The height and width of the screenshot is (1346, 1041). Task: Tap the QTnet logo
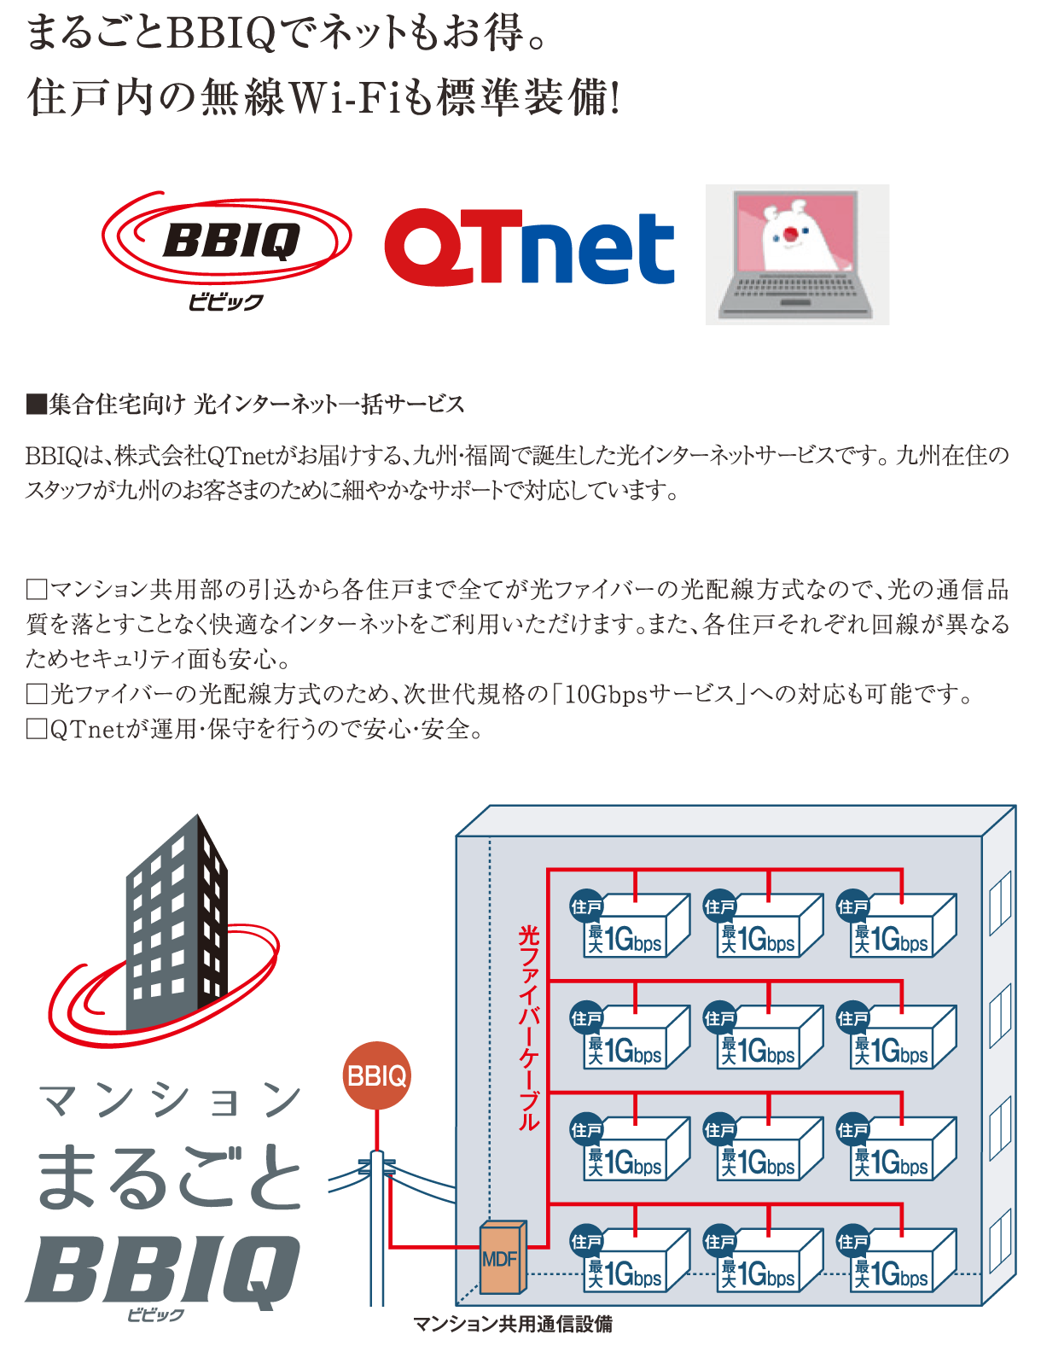pos(529,247)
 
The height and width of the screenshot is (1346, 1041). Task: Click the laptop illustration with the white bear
pos(797,254)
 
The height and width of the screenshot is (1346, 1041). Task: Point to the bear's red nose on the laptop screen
pos(791,233)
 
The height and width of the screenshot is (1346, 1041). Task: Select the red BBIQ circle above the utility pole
pos(376,1075)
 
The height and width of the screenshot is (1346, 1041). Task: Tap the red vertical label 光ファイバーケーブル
pos(529,1028)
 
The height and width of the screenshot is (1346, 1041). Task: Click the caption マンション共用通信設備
pos(512,1324)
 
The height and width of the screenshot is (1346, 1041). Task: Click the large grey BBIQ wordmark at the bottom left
pos(162,1272)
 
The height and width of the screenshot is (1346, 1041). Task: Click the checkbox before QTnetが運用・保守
pos(36,729)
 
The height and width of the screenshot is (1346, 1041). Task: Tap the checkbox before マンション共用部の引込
pos(36,590)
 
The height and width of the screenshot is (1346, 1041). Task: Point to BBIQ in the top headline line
pos(223,34)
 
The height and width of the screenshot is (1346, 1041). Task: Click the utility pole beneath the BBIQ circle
pos(376,1229)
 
